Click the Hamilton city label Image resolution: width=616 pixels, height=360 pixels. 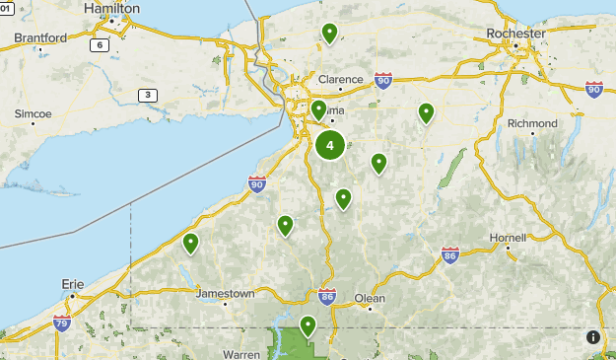[111, 8]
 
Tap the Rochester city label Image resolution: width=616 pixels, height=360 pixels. [515, 34]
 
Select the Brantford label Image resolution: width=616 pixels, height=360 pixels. [40, 38]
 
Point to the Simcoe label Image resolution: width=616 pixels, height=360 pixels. [33, 113]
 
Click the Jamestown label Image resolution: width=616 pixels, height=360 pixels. [226, 294]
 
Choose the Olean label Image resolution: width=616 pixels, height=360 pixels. [370, 298]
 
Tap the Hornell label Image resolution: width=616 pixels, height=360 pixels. [508, 238]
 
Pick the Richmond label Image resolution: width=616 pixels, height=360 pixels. [532, 123]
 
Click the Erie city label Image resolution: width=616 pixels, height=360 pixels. [73, 283]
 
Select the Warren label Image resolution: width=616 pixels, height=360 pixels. [241, 353]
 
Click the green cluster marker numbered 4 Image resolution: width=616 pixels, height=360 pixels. [329, 146]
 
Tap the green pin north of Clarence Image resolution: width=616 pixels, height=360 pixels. [329, 33]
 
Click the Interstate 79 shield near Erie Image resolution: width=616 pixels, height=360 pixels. [62, 322]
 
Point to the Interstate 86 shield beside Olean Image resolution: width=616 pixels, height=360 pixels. [328, 296]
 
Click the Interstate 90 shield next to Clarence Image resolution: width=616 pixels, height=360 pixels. [383, 81]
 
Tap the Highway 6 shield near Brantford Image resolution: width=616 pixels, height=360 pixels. [99, 45]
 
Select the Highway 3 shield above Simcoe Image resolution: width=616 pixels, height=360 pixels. [147, 95]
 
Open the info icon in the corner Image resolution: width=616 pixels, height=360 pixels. [593, 337]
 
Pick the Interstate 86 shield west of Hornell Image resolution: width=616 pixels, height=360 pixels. [450, 254]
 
